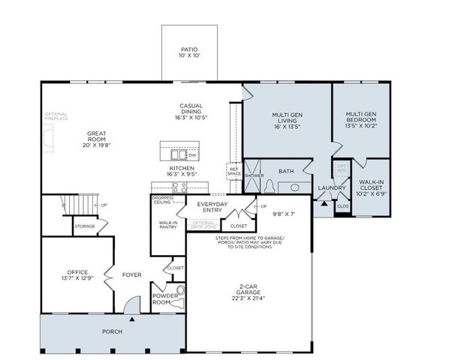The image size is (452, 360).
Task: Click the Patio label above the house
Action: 189,52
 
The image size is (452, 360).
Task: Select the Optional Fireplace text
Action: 56,116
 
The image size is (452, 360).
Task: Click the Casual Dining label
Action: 190,111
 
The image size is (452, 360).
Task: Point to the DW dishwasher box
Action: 193,154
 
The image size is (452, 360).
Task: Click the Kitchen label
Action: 182,172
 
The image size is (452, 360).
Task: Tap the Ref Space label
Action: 234,170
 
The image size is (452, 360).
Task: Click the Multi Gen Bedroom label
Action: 361,118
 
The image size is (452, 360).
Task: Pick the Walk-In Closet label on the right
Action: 372,186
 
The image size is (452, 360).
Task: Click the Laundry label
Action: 331,187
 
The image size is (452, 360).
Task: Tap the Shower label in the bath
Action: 254,175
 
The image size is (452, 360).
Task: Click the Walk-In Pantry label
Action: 168,225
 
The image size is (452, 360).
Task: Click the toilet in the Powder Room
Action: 180,291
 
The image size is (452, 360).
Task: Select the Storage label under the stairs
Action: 84,226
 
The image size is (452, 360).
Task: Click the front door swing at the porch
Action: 132,304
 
